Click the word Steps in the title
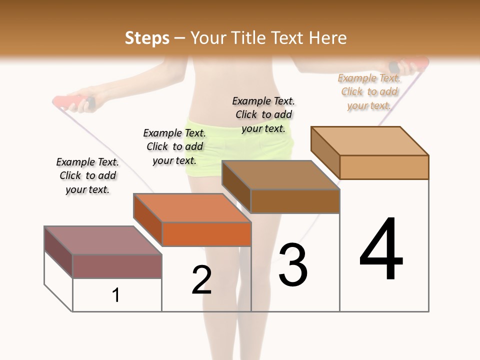(147, 38)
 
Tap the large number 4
(381, 250)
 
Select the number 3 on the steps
(293, 265)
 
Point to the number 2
(201, 280)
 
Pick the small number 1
(116, 295)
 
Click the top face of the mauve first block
(102, 240)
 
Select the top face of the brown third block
(280, 175)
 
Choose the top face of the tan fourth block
(369, 140)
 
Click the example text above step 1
(87, 175)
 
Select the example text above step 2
(174, 146)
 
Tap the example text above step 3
(263, 114)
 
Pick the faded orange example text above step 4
(369, 91)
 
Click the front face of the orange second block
(206, 234)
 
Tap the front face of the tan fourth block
(384, 167)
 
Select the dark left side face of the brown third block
(236, 186)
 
